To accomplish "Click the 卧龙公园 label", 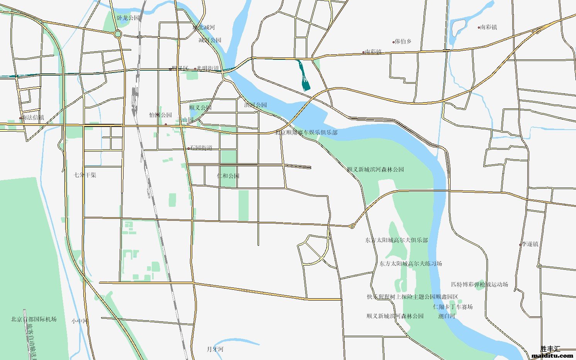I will point(128,18).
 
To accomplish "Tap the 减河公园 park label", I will point(210,40).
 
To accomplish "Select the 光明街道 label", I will point(208,68).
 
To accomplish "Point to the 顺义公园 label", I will point(200,107).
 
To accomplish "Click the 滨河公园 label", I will point(255,105).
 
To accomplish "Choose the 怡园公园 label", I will point(161,115).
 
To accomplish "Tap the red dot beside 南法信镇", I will point(20,118).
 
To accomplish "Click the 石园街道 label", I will point(201,147).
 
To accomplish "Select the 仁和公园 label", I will point(228,176).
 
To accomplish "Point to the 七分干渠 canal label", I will point(85,175).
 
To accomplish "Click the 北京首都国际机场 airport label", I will point(34,319).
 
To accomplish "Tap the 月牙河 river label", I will point(215,349).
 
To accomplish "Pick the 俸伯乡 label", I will point(403,41).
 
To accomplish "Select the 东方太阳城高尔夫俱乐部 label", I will point(396,240).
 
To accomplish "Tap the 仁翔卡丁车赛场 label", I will point(453,307).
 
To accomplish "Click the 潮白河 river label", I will point(447,316).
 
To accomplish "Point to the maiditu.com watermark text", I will point(552,356).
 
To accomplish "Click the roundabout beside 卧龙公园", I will point(118,34).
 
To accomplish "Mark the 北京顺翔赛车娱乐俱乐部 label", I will point(306,132).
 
